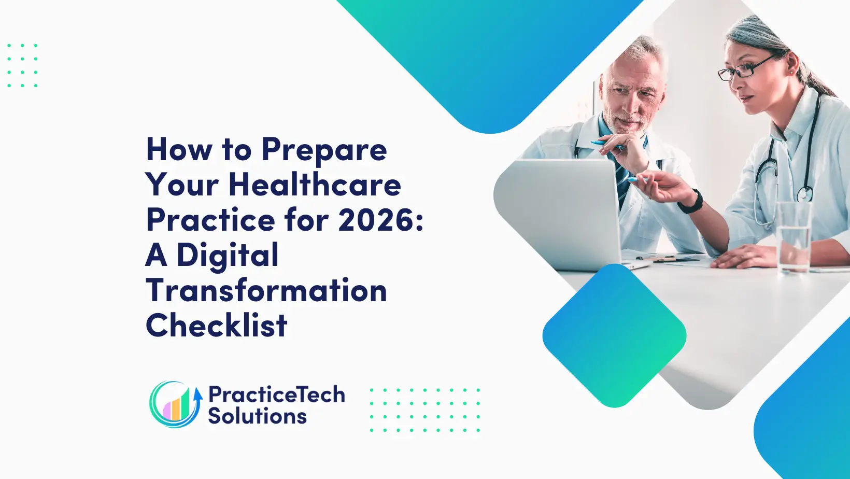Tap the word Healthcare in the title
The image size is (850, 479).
coord(315,185)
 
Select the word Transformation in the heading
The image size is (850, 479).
coord(266,291)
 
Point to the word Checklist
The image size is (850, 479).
coord(216,325)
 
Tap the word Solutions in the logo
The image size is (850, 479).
coord(257,416)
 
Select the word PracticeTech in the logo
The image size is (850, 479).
coord(277,395)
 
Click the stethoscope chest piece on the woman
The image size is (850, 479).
coord(805,194)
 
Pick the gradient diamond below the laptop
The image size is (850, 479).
coord(614,336)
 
